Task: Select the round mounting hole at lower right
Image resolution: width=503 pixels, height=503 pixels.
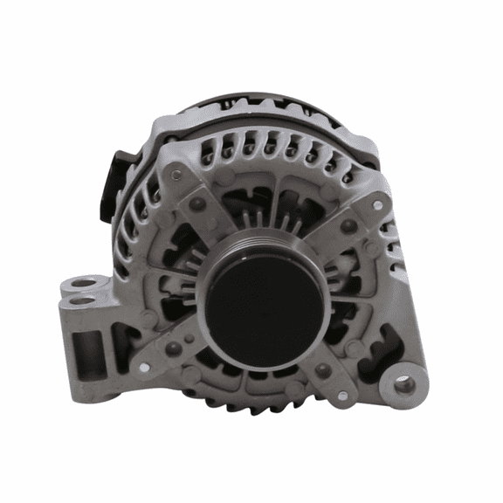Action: click(403, 382)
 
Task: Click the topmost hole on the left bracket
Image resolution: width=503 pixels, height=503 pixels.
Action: click(82, 283)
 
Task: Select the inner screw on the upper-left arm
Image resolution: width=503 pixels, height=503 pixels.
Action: click(199, 204)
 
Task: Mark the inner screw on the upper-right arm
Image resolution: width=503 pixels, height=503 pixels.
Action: click(348, 226)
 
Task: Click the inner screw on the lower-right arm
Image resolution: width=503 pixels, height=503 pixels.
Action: click(324, 370)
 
